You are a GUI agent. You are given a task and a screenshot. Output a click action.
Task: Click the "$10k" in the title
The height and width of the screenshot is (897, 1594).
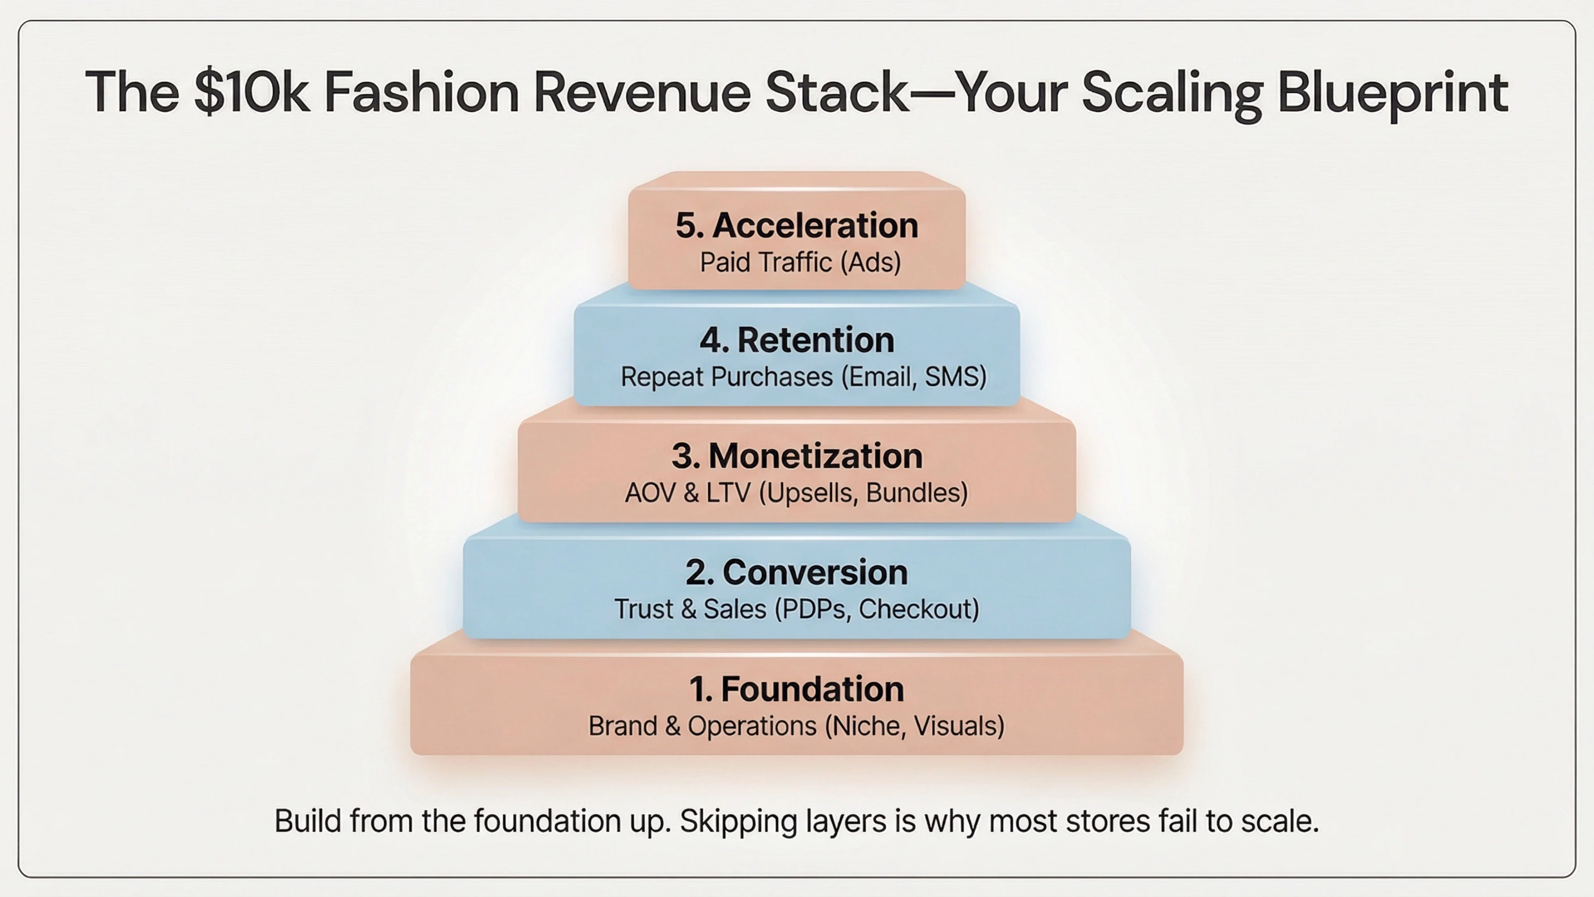point(251,93)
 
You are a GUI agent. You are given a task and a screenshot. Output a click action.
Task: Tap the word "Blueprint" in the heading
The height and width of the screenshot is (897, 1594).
point(1392,93)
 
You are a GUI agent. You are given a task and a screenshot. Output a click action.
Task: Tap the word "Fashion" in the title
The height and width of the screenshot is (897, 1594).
point(421,93)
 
